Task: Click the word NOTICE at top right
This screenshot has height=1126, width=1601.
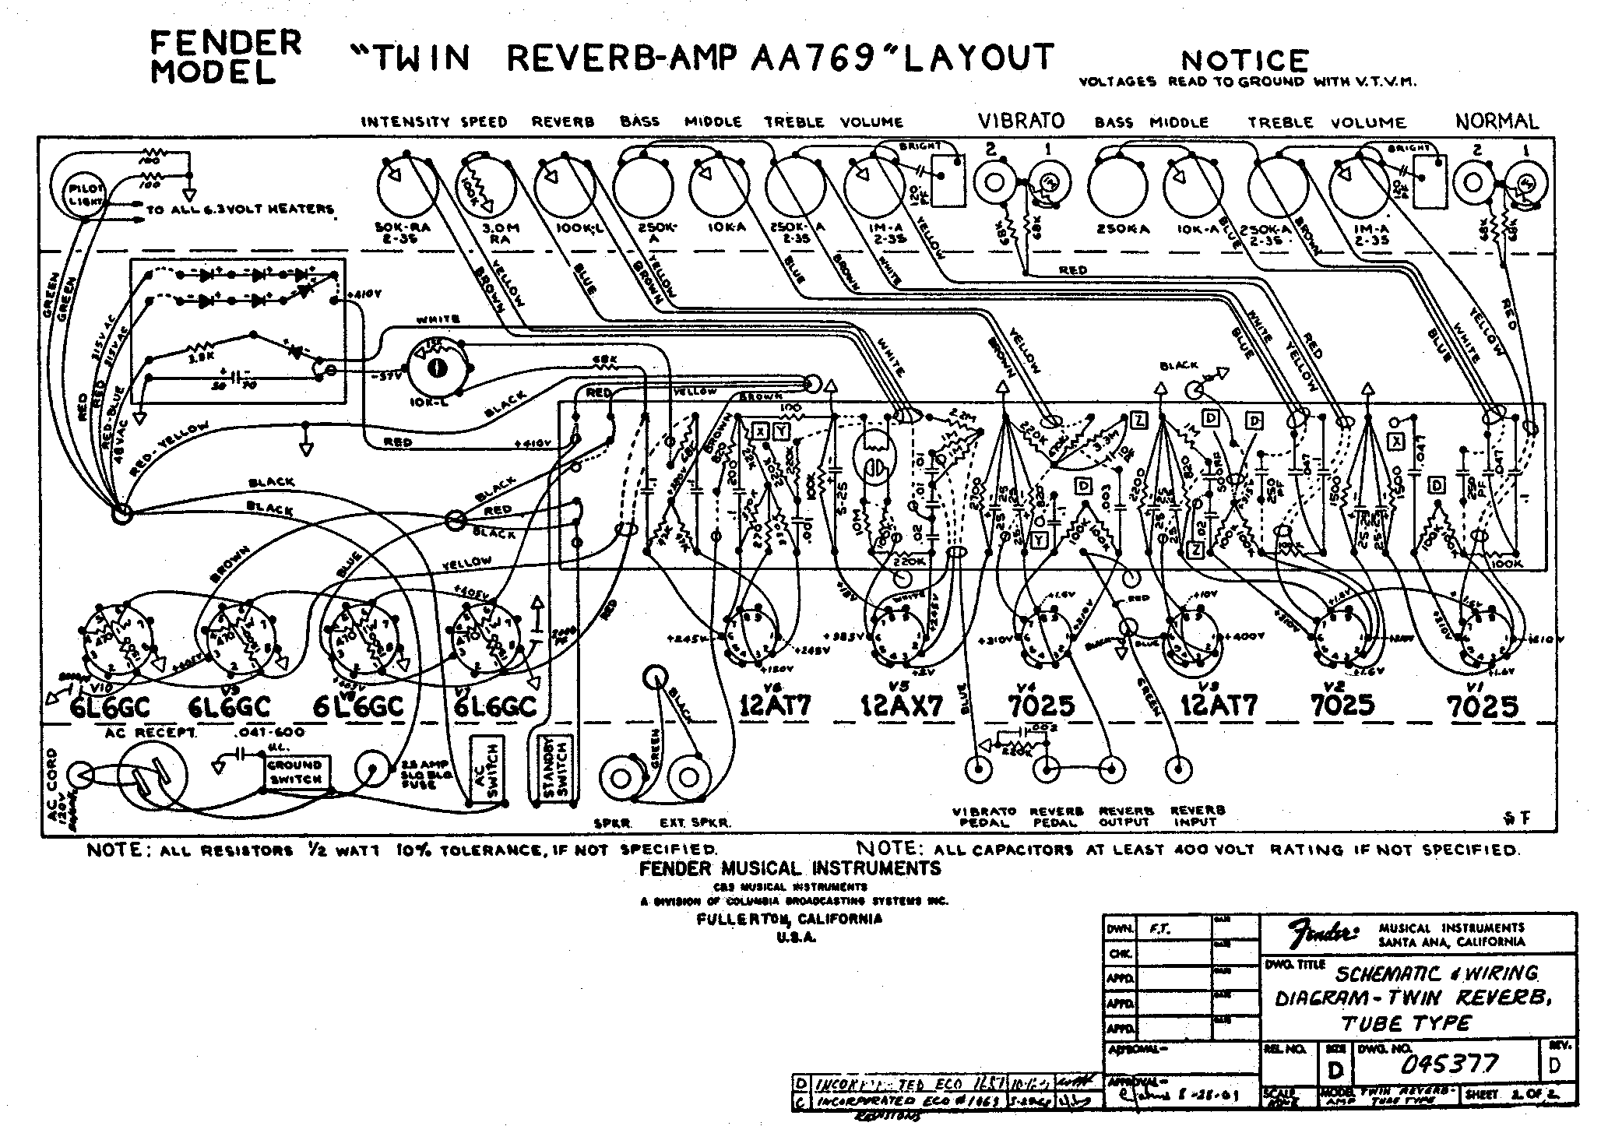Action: (x=1245, y=60)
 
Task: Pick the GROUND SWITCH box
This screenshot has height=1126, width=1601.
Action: (x=295, y=774)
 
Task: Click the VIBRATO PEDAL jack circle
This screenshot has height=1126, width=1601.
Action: (x=976, y=770)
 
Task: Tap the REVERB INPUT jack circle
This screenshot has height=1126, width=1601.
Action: (x=1179, y=770)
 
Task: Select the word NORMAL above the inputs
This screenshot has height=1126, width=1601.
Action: (x=1496, y=121)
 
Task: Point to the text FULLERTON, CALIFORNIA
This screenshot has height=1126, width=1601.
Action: (x=789, y=919)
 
